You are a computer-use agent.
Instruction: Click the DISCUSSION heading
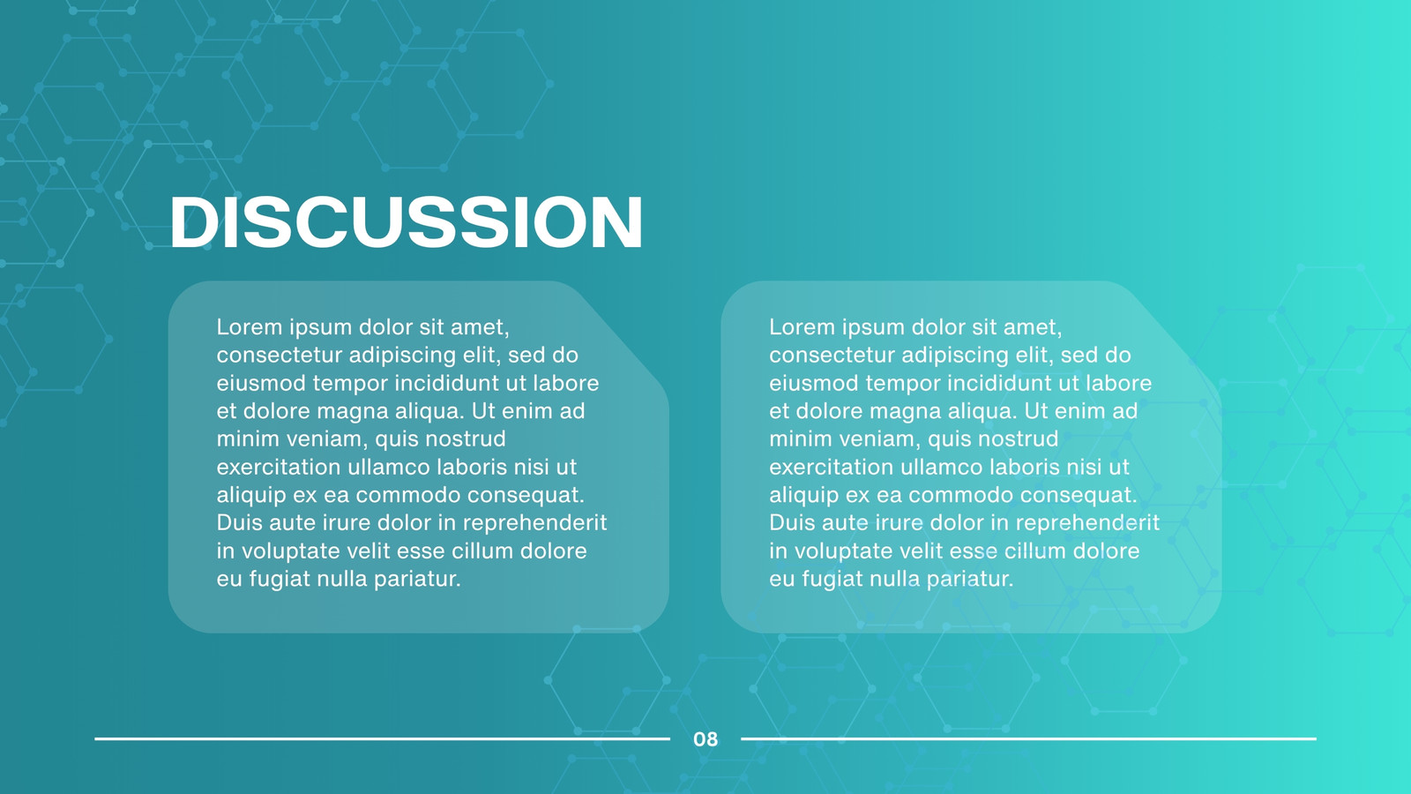(407, 221)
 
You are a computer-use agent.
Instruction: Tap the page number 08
(705, 739)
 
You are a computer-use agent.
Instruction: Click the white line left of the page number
(383, 738)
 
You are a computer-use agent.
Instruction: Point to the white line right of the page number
(1028, 738)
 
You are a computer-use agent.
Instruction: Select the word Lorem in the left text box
(250, 327)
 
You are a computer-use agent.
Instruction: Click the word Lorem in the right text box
(802, 327)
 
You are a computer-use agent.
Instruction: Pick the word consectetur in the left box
(279, 356)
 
